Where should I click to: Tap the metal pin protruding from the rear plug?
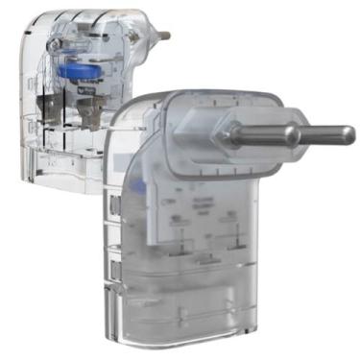(162, 36)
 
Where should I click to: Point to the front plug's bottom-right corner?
(270, 331)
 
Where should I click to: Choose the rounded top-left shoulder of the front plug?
(125, 110)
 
